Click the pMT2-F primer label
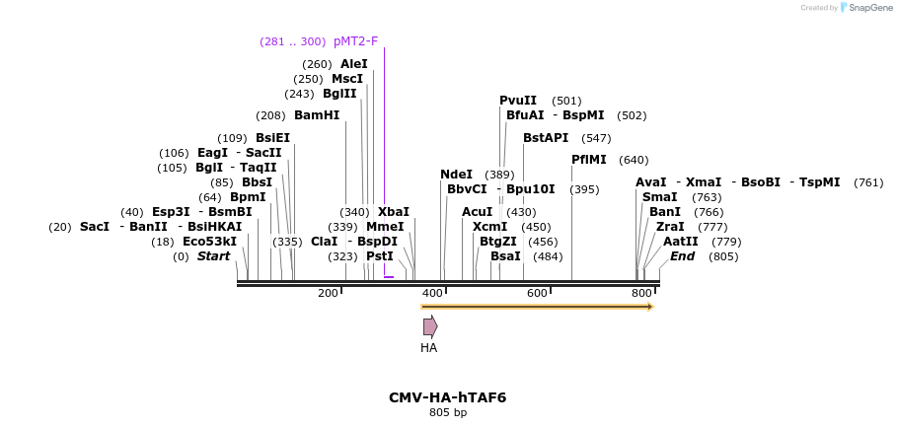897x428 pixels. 355,41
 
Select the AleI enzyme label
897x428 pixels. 354,64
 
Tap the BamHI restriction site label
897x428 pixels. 317,115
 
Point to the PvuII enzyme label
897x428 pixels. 518,101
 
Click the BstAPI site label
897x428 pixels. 546,138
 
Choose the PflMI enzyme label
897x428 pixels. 590,160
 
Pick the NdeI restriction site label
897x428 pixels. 456,175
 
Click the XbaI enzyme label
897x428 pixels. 393,212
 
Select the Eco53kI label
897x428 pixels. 209,242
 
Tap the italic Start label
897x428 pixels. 213,256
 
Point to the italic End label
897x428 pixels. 683,256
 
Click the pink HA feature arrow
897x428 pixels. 430,326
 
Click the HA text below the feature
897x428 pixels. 428,348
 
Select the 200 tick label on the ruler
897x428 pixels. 328,294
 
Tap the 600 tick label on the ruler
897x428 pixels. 538,294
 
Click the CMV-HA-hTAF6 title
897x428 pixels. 448,397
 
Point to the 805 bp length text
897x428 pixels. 448,413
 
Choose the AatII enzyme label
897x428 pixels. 681,242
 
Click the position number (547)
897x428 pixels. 596,138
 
